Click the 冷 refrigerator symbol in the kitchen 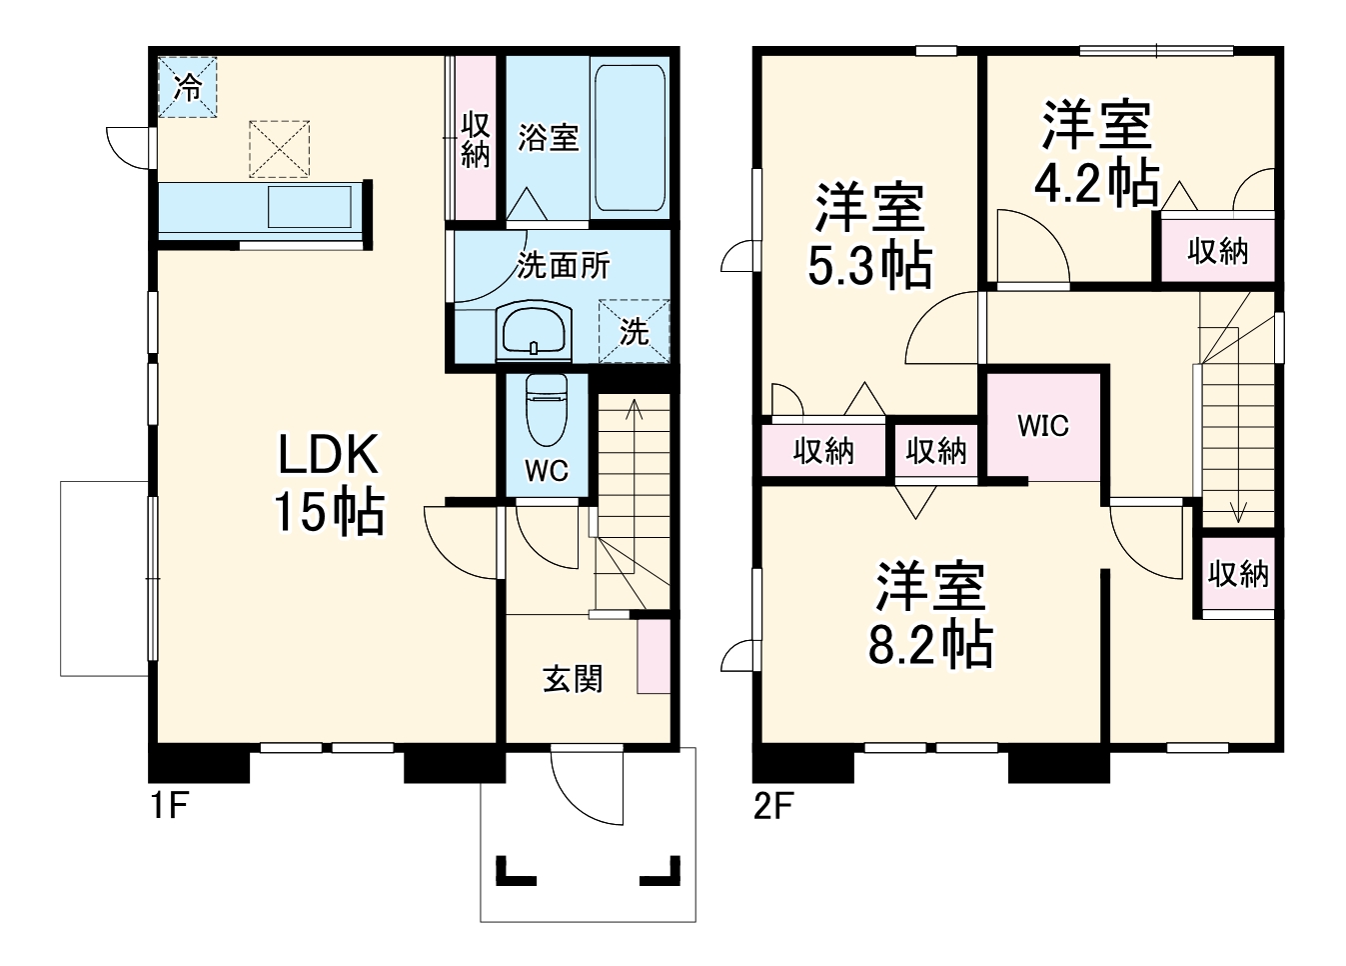click(x=187, y=88)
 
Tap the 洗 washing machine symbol click(x=633, y=331)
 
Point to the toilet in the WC click(x=546, y=410)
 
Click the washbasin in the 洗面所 click(x=535, y=332)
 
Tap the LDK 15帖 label click(x=328, y=484)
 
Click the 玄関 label click(x=573, y=679)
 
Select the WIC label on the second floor click(x=1043, y=426)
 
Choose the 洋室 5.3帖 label click(x=869, y=236)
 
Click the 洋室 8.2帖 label click(x=930, y=615)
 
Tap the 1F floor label click(x=169, y=804)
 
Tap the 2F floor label click(x=772, y=804)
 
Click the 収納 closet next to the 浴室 click(x=476, y=139)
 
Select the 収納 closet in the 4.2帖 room click(x=1217, y=250)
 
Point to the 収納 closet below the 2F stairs click(x=1238, y=574)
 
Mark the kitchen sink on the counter click(x=309, y=207)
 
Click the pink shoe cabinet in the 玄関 click(x=654, y=656)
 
